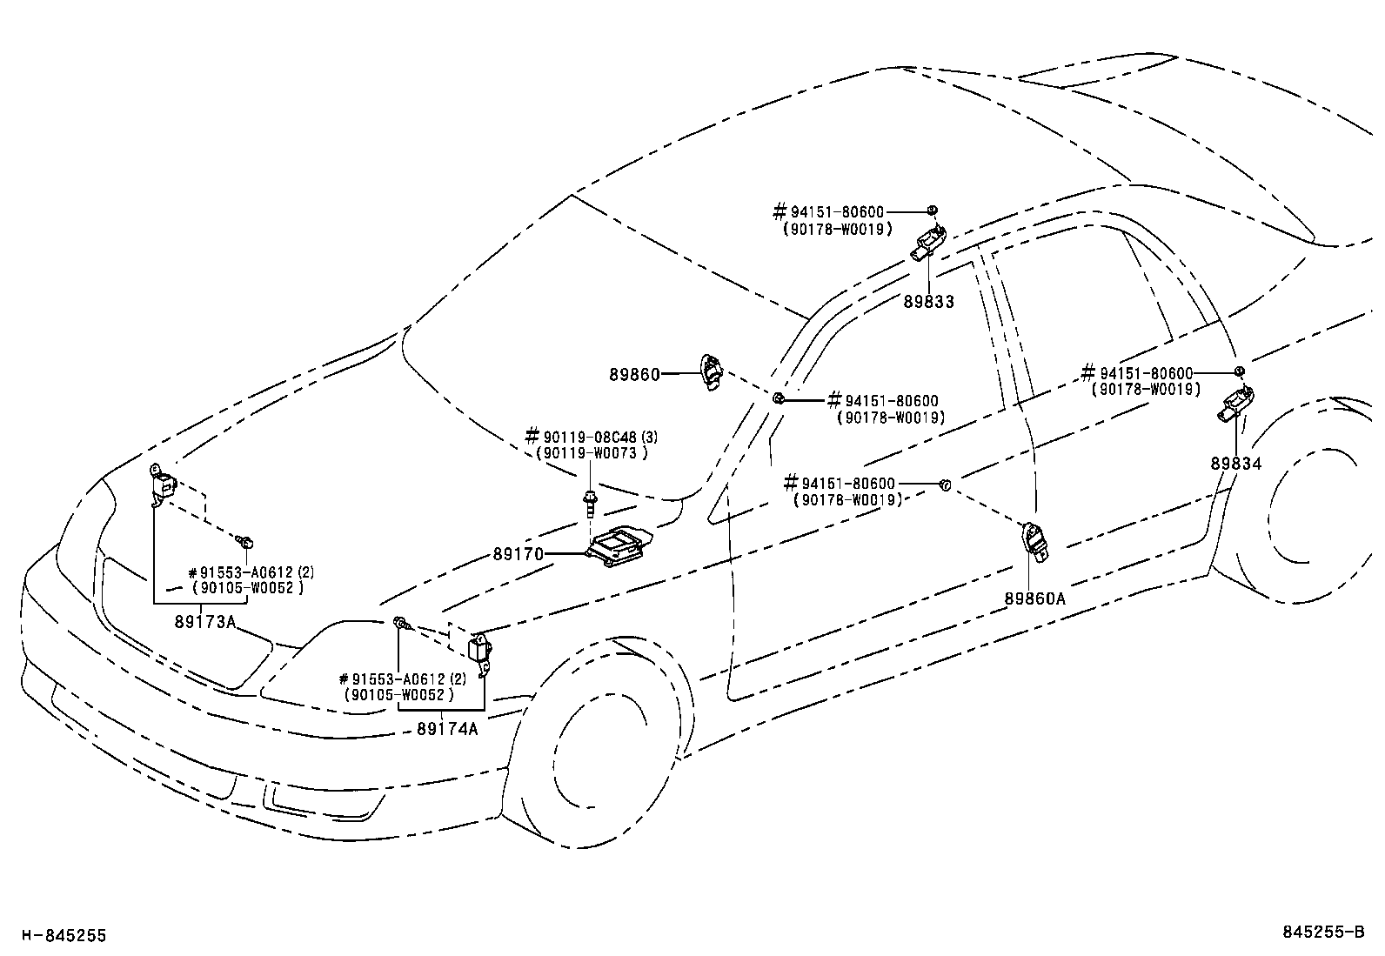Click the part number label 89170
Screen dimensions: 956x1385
pyautogui.click(x=518, y=554)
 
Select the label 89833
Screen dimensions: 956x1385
pyautogui.click(x=928, y=302)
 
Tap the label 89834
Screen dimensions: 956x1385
pyautogui.click(x=1235, y=464)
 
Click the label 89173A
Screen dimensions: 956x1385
pyautogui.click(x=205, y=621)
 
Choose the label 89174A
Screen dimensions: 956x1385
pyautogui.click(x=447, y=728)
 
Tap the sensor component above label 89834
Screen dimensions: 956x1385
pyautogui.click(x=1236, y=405)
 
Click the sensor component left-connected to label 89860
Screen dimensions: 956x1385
pyautogui.click(x=711, y=372)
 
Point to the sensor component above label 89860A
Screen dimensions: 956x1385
pyautogui.click(x=1034, y=538)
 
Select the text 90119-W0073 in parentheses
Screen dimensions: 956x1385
pyautogui.click(x=592, y=452)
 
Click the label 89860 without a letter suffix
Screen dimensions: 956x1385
pyautogui.click(x=633, y=374)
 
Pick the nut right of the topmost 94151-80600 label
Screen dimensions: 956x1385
pyautogui.click(x=932, y=210)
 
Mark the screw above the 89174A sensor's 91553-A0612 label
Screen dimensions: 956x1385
pyautogui.click(x=401, y=623)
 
